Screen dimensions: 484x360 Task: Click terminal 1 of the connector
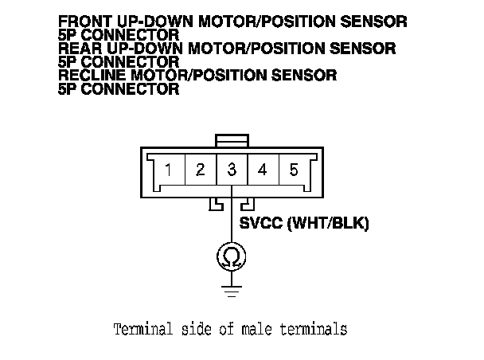tap(169, 170)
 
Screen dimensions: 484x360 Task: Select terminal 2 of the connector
tap(201, 170)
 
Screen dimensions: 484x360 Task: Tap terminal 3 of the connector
tap(232, 170)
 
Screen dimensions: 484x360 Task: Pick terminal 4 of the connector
tap(263, 170)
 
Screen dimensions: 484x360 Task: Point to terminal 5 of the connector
tap(294, 170)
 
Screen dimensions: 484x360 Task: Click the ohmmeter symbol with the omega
tap(232, 256)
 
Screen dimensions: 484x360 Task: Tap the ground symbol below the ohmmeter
tap(232, 291)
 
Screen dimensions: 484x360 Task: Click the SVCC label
tap(260, 224)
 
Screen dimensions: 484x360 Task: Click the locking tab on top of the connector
tap(232, 141)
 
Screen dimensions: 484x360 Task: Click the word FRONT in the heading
tap(85, 22)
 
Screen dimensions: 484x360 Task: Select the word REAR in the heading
tap(80, 49)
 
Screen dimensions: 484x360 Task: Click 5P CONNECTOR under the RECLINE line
tap(119, 89)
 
